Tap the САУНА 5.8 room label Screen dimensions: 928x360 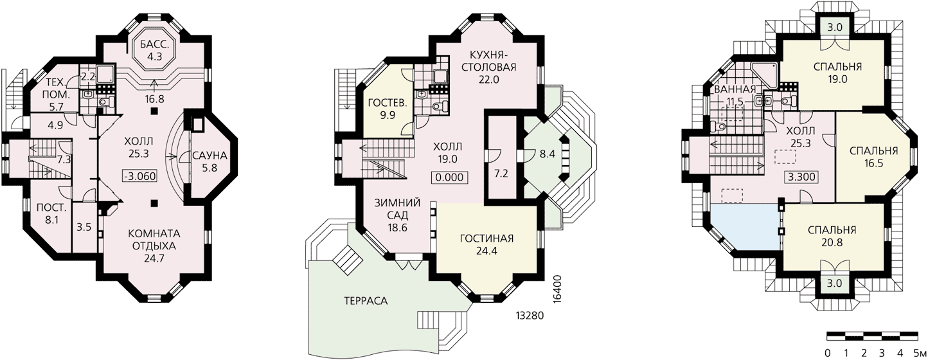210,162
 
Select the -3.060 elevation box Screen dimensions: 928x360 139,176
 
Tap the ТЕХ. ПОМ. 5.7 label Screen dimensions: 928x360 57,94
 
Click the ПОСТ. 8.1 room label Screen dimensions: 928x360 51,213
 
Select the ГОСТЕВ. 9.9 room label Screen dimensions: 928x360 388,109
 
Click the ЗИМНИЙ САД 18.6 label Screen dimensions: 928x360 397,215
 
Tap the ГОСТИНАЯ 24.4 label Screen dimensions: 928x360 486,244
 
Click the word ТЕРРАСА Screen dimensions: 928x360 366,301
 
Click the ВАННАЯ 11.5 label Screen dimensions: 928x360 735,95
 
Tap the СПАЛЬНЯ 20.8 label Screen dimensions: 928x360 832,236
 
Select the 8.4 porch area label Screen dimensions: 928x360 547,154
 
